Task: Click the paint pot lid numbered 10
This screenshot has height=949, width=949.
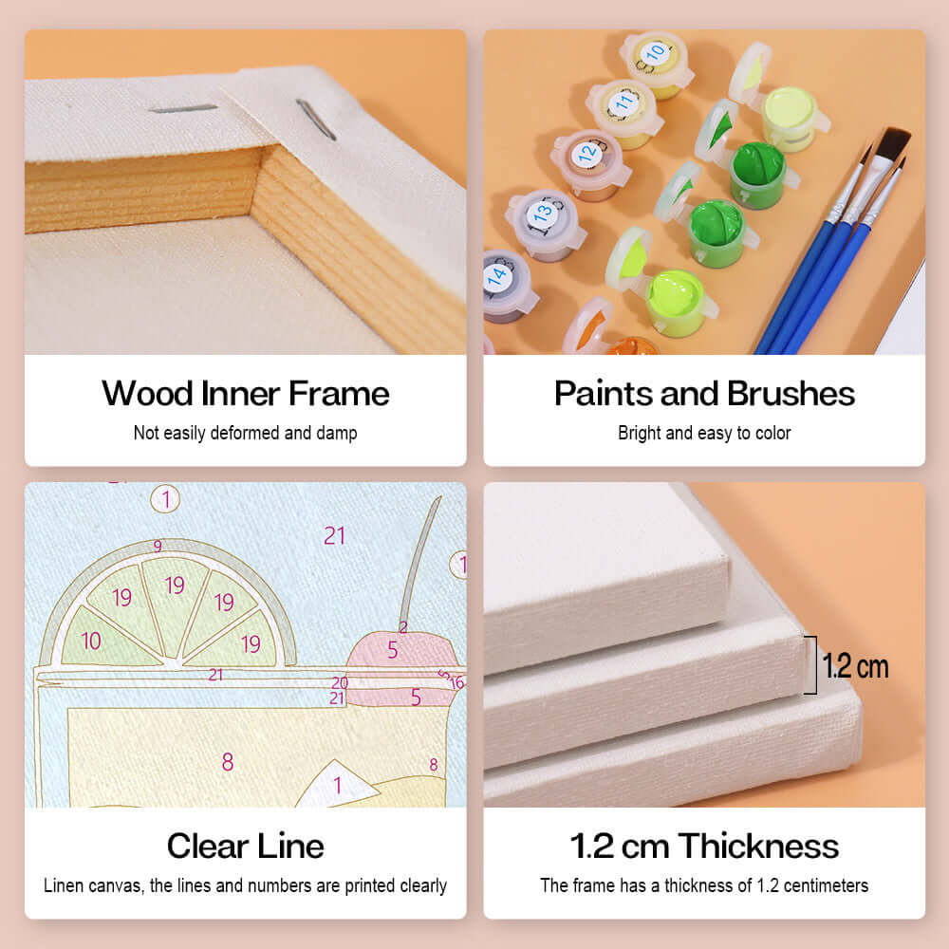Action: pos(655,54)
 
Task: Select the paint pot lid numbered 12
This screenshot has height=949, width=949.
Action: pos(587,152)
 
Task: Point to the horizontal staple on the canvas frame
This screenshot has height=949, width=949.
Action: pos(182,108)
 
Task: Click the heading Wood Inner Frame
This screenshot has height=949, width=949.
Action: pos(245,393)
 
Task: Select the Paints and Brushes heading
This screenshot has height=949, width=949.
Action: pos(704,393)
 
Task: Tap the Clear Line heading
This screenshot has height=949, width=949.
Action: pos(245,846)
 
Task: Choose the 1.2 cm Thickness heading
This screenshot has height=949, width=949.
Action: pos(704,846)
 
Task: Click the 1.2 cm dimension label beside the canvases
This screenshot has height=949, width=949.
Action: pos(855,666)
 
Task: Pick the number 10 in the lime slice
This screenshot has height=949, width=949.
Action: pos(91,642)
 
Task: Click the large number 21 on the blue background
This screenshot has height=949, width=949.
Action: pos(334,536)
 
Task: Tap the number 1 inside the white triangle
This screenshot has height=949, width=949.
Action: pos(336,786)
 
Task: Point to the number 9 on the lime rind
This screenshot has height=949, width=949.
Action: pos(158,546)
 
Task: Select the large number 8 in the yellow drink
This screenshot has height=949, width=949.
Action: pos(227,761)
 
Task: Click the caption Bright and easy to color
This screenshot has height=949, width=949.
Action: pos(704,433)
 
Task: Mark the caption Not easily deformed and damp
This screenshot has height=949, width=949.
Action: pos(245,433)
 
